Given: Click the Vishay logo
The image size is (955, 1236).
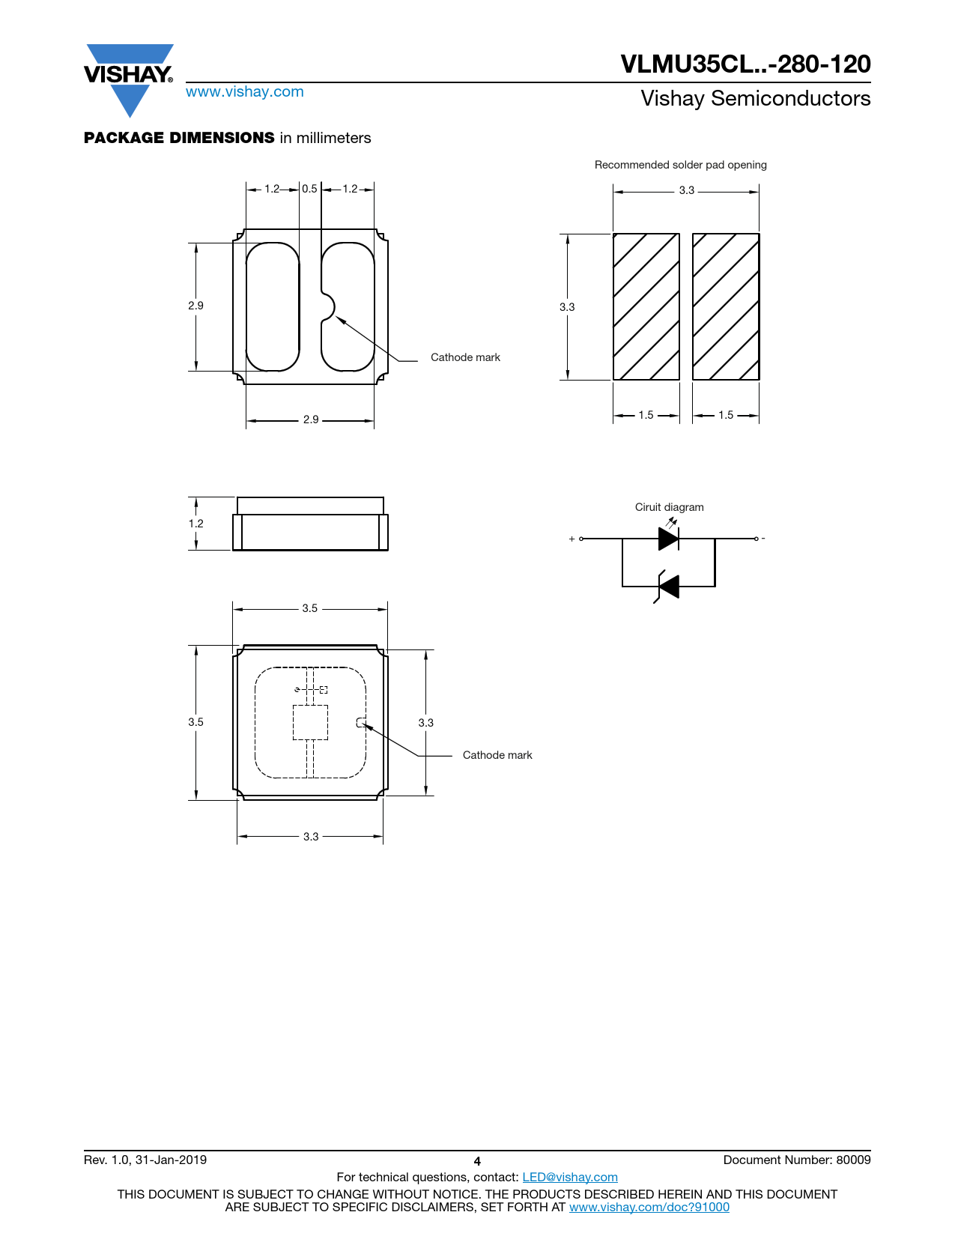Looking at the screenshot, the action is [129, 79].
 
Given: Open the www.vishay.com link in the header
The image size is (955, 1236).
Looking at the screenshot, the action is [245, 91].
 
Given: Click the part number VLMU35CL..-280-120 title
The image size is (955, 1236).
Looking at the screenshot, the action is [745, 64].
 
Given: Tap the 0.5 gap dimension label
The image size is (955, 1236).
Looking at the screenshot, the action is [309, 189].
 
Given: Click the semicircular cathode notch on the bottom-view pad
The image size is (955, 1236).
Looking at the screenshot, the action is [329, 307].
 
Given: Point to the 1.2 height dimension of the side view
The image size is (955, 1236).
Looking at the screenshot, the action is [195, 524].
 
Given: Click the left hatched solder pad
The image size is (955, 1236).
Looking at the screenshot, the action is [646, 306].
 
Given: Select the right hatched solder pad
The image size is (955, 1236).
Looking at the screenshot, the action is [726, 306].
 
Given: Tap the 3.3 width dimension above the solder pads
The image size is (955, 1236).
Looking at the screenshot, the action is [687, 190].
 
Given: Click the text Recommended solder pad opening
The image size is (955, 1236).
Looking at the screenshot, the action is [680, 165].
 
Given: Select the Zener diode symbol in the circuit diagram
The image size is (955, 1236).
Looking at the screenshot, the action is [667, 587].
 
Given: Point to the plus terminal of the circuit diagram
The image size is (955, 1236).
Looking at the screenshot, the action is [580, 539].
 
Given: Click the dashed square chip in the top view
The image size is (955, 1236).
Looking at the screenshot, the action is [310, 722].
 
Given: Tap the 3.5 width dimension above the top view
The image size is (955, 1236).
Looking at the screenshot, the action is [309, 608].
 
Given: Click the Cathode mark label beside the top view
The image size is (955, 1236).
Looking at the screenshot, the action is [497, 755].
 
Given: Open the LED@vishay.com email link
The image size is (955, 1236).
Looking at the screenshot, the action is [570, 1177].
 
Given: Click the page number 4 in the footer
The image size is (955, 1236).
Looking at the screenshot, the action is [477, 1162].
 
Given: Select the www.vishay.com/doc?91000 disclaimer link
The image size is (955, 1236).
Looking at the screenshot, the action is [649, 1207].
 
